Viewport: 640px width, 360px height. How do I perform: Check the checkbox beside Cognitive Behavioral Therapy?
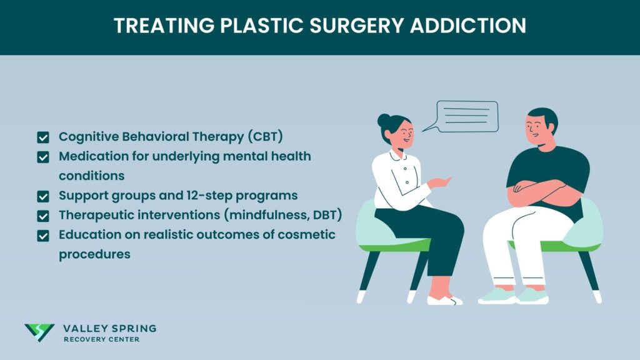43,137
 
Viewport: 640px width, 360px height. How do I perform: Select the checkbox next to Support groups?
43,196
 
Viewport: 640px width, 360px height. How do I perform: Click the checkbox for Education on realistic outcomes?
43,236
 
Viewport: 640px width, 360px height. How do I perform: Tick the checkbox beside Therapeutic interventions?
43,216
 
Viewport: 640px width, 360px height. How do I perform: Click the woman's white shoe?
445,300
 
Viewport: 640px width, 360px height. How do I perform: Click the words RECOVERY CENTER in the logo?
102,339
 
